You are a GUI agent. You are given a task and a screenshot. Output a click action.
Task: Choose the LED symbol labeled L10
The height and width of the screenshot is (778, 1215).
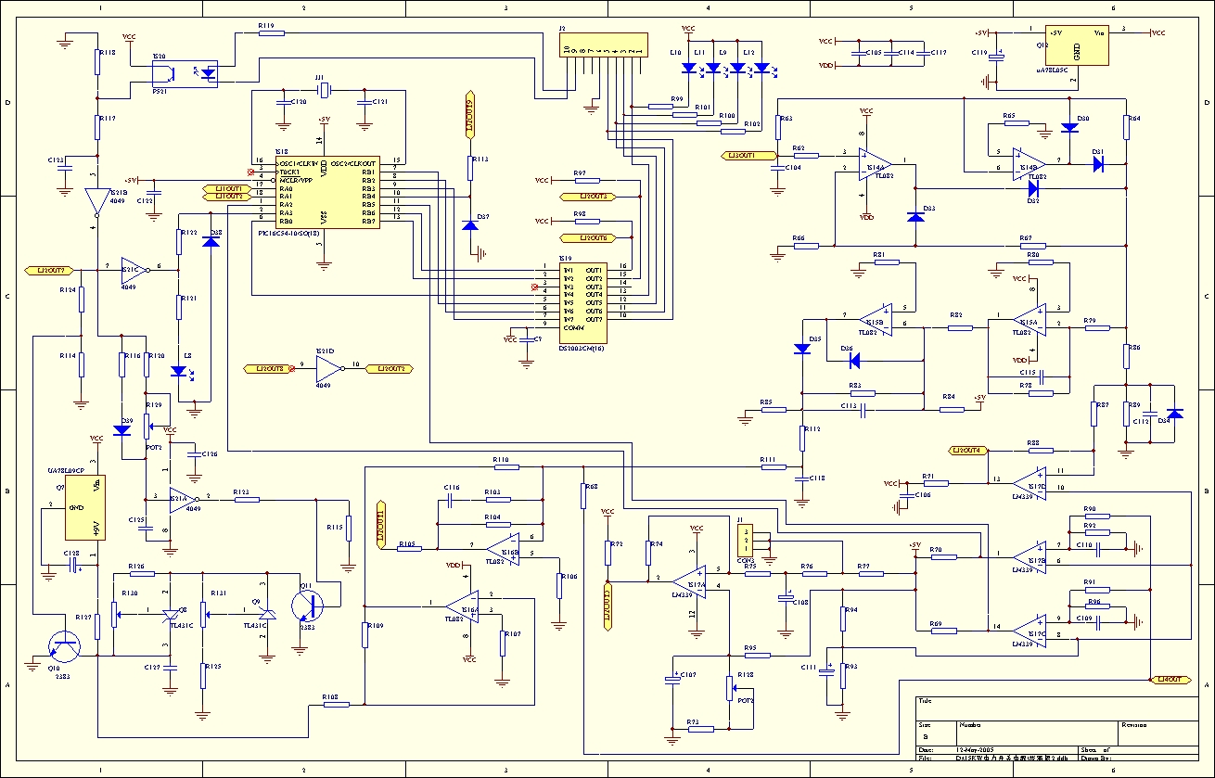(688, 68)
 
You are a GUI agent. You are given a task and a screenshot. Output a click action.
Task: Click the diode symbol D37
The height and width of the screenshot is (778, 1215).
(470, 225)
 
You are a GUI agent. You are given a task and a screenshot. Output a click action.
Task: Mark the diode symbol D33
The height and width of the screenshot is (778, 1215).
(915, 216)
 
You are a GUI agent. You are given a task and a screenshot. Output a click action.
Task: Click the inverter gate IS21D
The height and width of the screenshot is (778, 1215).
(328, 368)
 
